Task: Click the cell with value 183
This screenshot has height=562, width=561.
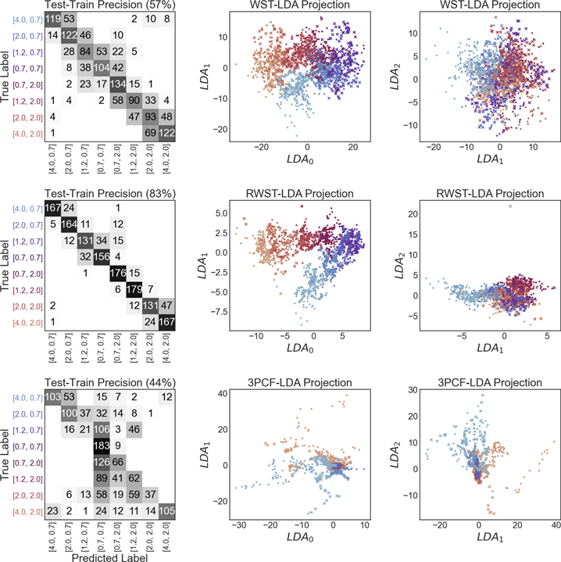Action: tap(102, 446)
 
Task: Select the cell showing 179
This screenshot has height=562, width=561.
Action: tap(134, 290)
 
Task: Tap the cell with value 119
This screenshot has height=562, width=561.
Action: tap(52, 19)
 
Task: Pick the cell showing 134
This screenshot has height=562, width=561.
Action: tap(118, 84)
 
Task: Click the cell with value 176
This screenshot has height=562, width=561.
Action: tap(118, 273)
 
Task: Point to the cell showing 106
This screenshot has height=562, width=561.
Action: tap(102, 429)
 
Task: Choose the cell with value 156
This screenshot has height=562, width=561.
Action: tap(102, 257)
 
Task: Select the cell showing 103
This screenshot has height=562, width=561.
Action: tap(52, 397)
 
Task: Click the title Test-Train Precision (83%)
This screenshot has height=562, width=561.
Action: tap(110, 194)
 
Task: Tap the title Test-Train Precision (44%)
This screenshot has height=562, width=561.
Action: tap(110, 383)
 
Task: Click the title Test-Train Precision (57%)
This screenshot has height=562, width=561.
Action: tap(110, 5)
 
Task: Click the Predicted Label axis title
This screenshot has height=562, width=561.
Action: tap(109, 557)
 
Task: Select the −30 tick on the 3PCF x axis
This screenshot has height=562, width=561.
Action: tap(239, 525)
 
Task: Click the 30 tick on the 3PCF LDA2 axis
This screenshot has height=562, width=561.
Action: tap(413, 390)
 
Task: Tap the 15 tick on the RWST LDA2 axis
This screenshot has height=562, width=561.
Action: tap(413, 234)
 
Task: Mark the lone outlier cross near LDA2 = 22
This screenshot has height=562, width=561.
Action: tap(510, 206)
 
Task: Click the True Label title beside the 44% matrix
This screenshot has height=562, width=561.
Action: tap(5, 454)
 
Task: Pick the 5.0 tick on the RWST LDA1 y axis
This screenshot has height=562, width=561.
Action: tap(222, 213)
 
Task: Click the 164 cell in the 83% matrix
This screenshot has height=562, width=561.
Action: tap(69, 224)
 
